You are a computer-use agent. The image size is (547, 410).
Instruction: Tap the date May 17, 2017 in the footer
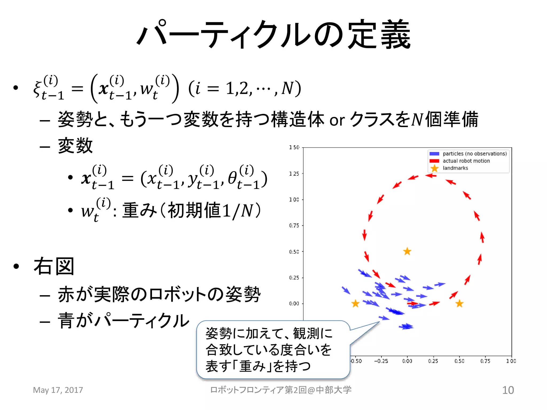[58, 390]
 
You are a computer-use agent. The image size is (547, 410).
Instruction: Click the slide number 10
[508, 390]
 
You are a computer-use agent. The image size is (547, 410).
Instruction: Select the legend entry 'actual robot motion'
[466, 161]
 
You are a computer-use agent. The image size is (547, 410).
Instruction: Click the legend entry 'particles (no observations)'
[474, 153]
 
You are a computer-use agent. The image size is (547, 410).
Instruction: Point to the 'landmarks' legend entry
[455, 168]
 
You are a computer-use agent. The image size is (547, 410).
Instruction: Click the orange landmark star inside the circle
[407, 251]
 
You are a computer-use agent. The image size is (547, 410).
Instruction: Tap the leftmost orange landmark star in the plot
[355, 303]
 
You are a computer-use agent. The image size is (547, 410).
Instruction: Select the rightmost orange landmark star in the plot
[459, 303]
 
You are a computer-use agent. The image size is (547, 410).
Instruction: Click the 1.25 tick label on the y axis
[294, 174]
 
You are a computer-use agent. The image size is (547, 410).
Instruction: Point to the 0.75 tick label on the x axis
[485, 361]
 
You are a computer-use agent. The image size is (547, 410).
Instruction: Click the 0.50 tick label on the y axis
[294, 251]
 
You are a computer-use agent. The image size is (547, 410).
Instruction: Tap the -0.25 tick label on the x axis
[381, 361]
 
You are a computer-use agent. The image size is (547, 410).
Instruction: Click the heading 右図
[54, 266]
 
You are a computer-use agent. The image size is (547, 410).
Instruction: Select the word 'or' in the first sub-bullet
[337, 120]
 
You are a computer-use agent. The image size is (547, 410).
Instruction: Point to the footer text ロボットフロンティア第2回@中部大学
[280, 390]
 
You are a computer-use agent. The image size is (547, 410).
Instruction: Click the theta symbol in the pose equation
[232, 178]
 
